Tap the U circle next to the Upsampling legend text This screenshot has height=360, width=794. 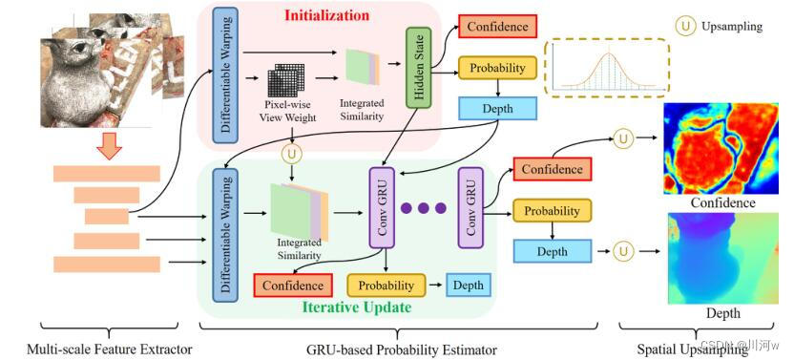click(x=685, y=27)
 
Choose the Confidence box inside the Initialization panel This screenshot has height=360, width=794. click(x=496, y=28)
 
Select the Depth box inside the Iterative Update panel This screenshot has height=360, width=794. click(x=468, y=285)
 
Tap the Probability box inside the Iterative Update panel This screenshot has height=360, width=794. click(x=386, y=285)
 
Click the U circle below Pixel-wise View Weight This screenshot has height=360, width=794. click(x=291, y=152)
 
